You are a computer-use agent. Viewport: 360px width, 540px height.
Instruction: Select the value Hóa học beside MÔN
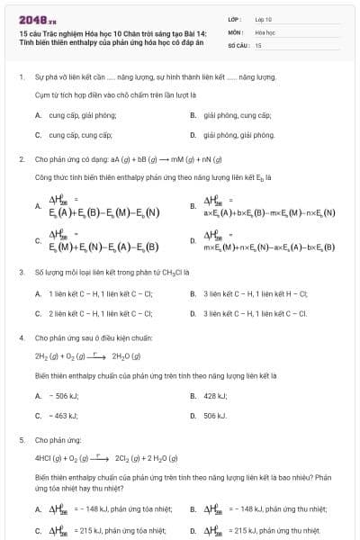click(265, 31)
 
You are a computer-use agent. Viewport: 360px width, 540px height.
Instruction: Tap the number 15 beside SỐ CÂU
click(258, 44)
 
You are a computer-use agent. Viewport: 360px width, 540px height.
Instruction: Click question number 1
click(21, 77)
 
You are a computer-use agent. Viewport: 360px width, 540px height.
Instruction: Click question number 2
click(21, 158)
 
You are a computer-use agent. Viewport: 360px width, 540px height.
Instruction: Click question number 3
click(21, 271)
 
